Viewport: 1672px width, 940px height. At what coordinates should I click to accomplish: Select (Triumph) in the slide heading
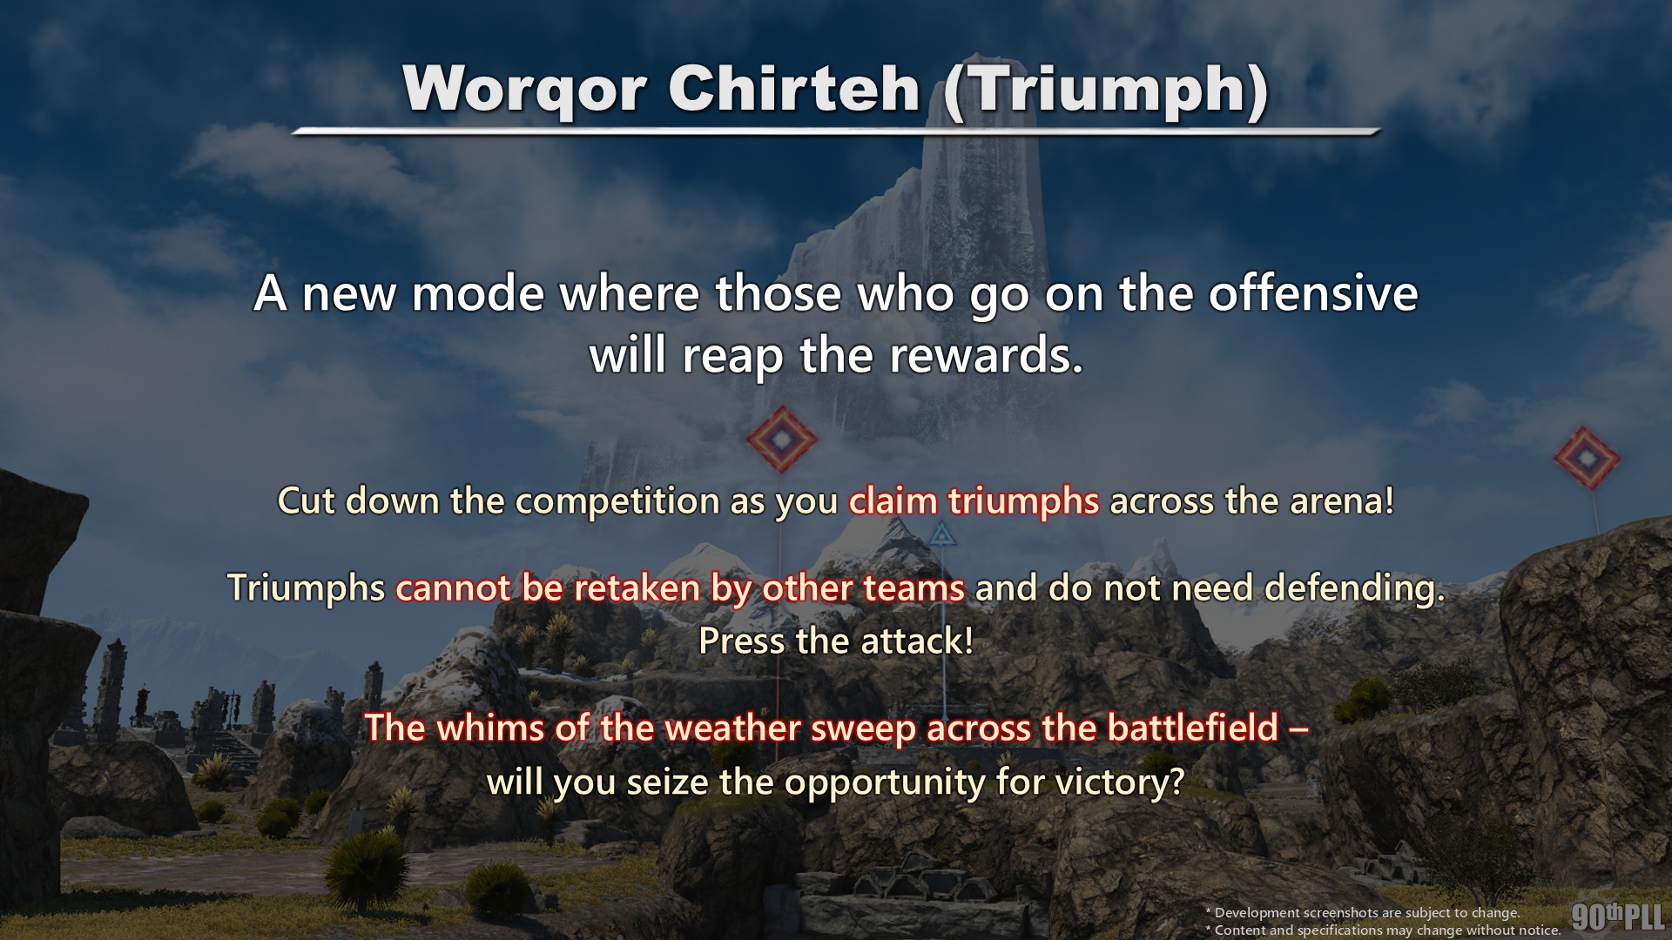1105,91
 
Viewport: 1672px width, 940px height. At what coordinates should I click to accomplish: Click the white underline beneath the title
836,131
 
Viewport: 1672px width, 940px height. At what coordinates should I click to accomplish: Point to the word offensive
1312,293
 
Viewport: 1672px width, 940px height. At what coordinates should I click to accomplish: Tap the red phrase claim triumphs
974,501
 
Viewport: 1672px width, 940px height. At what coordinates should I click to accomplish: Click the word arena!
1346,501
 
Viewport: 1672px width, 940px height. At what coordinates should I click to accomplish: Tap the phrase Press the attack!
836,641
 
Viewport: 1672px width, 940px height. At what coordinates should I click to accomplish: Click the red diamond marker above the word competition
782,440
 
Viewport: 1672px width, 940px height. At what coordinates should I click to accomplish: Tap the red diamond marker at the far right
1587,458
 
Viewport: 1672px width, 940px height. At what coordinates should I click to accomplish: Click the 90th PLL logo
1618,917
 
